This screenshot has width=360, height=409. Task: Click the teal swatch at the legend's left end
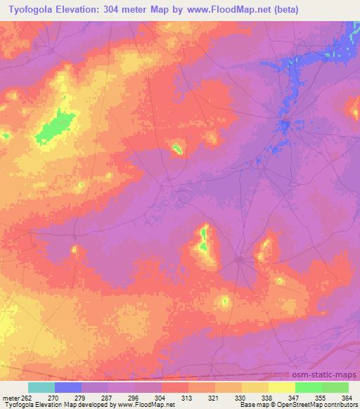41,387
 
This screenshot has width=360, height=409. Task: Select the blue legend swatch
67,387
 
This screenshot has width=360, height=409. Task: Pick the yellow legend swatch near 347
281,387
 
